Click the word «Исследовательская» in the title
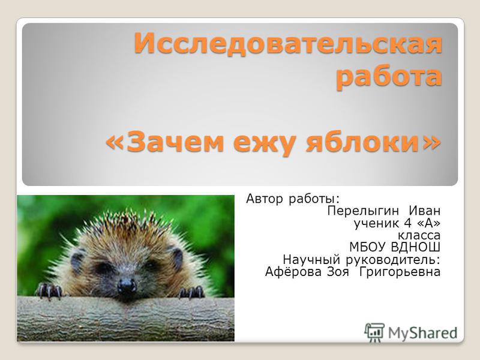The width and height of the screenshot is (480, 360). [x=288, y=43]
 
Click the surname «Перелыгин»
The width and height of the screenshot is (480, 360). [x=363, y=211]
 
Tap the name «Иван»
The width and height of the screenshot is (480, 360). [x=425, y=211]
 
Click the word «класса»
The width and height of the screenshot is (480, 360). [x=419, y=236]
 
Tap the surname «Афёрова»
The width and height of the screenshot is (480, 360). [x=293, y=272]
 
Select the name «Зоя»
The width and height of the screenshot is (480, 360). [x=338, y=272]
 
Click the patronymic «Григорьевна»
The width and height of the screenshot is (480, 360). [x=400, y=272]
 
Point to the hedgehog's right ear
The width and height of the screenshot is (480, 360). [x=176, y=257]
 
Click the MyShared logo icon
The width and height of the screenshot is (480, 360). [x=374, y=332]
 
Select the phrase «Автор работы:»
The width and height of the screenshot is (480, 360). [x=293, y=199]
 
